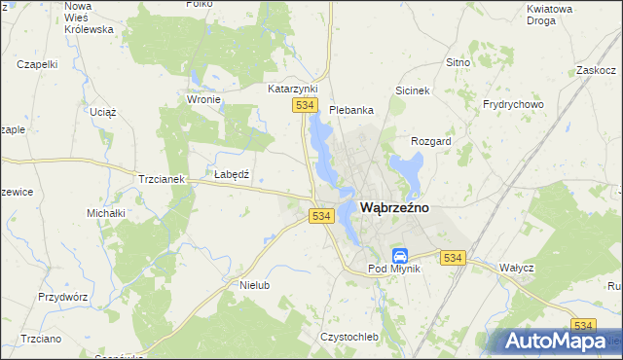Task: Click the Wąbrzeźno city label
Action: (x=396, y=207)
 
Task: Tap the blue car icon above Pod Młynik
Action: (x=399, y=255)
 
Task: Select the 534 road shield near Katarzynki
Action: (x=306, y=105)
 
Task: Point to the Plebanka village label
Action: (x=351, y=110)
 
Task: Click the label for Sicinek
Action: (x=413, y=90)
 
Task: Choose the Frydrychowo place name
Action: (x=512, y=104)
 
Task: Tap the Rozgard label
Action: (x=431, y=141)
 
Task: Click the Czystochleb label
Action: (x=348, y=337)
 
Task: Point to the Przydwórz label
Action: (x=63, y=297)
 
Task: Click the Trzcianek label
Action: (x=162, y=180)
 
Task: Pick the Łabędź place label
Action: (x=232, y=174)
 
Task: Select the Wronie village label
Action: (x=203, y=99)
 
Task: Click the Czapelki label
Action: (x=38, y=64)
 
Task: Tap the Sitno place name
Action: (x=458, y=62)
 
